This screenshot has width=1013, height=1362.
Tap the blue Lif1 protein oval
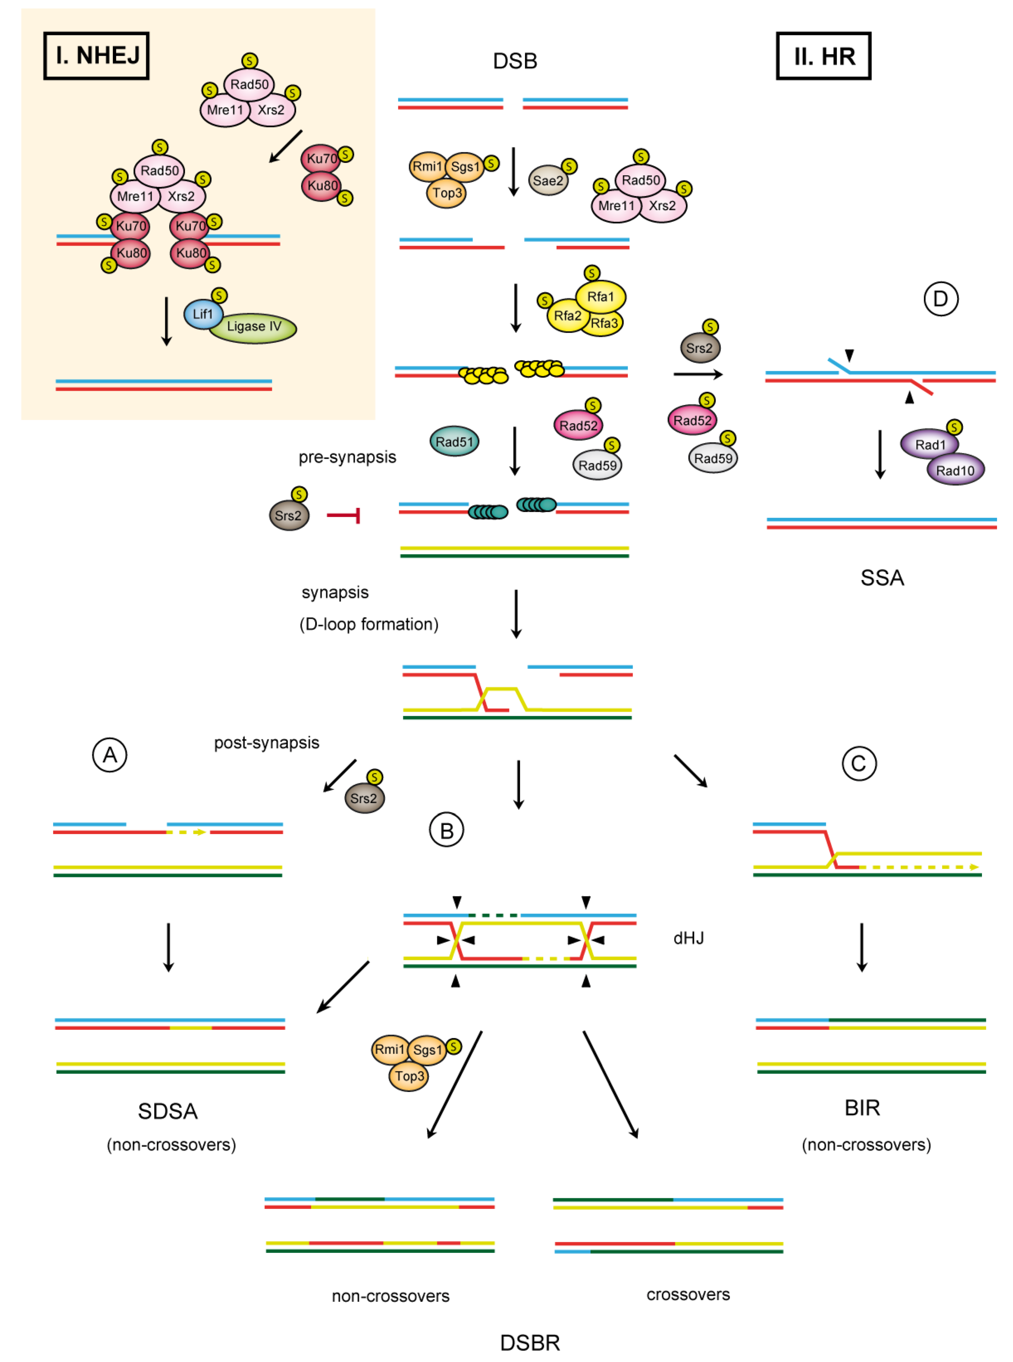pyautogui.click(x=202, y=314)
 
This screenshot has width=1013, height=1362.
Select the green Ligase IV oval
pyautogui.click(x=254, y=327)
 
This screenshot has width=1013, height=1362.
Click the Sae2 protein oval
pyautogui.click(x=547, y=180)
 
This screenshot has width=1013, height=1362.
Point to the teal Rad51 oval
pyautogui.click(x=454, y=442)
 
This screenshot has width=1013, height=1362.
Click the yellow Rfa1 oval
pyautogui.click(x=600, y=297)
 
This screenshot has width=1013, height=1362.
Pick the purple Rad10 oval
pyautogui.click(x=955, y=470)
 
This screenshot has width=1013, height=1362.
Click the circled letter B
pyautogui.click(x=446, y=830)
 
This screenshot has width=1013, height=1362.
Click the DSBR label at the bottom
pyautogui.click(x=530, y=1342)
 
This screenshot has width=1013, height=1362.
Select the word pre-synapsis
pyautogui.click(x=347, y=457)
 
